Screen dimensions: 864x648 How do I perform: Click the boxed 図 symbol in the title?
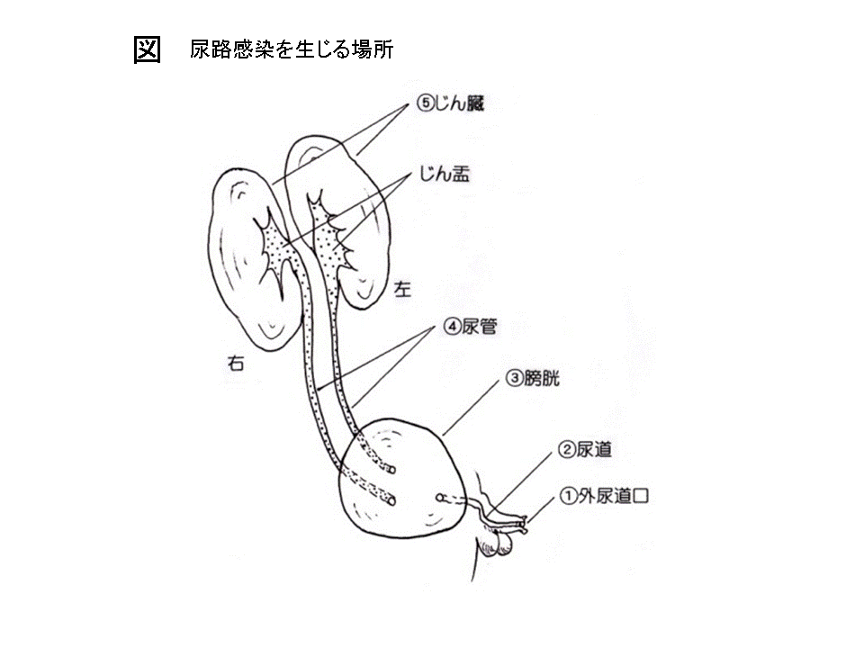pyautogui.click(x=147, y=50)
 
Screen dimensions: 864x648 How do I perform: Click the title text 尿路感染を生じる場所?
pyautogui.click(x=292, y=49)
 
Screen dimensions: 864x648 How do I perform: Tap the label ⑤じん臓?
pyautogui.click(x=450, y=103)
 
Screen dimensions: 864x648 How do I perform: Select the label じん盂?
pyautogui.click(x=445, y=174)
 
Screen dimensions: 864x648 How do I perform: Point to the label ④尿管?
pyautogui.click(x=471, y=327)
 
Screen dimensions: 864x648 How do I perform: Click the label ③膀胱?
pyautogui.click(x=532, y=379)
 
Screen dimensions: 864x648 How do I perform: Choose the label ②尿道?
pyautogui.click(x=585, y=450)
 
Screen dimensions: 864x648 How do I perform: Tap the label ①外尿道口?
pyautogui.click(x=604, y=496)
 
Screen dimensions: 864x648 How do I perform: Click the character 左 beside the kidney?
pyautogui.click(x=402, y=289)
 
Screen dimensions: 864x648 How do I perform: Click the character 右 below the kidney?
pyautogui.click(x=235, y=363)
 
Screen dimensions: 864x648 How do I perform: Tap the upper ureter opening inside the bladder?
pyautogui.click(x=391, y=470)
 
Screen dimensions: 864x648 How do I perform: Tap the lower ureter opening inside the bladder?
pyautogui.click(x=391, y=501)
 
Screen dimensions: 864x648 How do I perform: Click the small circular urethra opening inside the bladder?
pyautogui.click(x=440, y=498)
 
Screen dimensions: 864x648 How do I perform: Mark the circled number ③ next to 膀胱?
pyautogui.click(x=514, y=379)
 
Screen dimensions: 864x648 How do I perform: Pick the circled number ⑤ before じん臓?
pyautogui.click(x=425, y=103)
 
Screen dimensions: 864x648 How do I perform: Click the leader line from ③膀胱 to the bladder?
pyautogui.click(x=470, y=409)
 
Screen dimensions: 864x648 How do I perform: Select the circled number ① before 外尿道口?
pyautogui.click(x=568, y=496)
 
